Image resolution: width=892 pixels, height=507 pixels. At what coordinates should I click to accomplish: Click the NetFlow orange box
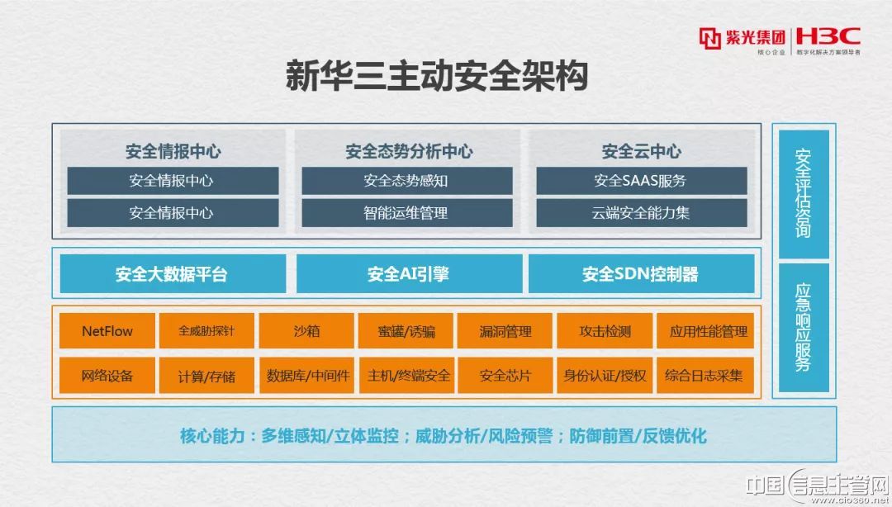coord(107,330)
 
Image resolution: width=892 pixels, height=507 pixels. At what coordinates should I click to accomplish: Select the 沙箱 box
coord(306,330)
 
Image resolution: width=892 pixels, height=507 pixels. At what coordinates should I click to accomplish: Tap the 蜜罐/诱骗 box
coord(406,330)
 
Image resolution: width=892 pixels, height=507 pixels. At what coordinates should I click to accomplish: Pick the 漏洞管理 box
coord(505,330)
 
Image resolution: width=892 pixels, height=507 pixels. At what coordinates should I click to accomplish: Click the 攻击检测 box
coord(605,330)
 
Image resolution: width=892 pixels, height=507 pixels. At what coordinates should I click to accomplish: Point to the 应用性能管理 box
coord(705,330)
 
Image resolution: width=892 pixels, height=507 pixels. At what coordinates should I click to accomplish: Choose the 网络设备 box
coord(107,376)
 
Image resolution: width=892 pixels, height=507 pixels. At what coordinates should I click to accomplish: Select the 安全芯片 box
coord(505,376)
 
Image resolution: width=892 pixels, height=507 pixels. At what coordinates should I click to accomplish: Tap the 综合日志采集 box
coord(705,376)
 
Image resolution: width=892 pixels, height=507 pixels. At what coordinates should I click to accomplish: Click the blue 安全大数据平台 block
coord(173,273)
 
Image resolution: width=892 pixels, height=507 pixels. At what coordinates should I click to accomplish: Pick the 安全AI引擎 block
coord(409,273)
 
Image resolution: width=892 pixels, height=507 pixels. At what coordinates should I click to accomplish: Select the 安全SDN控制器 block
coord(641,273)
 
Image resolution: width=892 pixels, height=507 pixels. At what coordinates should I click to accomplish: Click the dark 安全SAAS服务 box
coord(642,181)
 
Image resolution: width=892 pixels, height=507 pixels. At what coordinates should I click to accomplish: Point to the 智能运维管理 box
coord(406,213)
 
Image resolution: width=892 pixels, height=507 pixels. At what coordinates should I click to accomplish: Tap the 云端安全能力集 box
coord(642,213)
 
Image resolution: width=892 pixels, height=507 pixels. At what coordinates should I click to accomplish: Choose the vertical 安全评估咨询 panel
coord(804,194)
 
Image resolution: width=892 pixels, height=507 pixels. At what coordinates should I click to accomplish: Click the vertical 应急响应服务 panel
coord(804,328)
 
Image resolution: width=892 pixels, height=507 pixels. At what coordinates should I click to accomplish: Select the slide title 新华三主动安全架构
coord(436,76)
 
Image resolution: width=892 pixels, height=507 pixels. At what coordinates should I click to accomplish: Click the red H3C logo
coord(828,37)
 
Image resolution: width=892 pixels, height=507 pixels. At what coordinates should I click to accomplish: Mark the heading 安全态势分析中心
coord(409,151)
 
